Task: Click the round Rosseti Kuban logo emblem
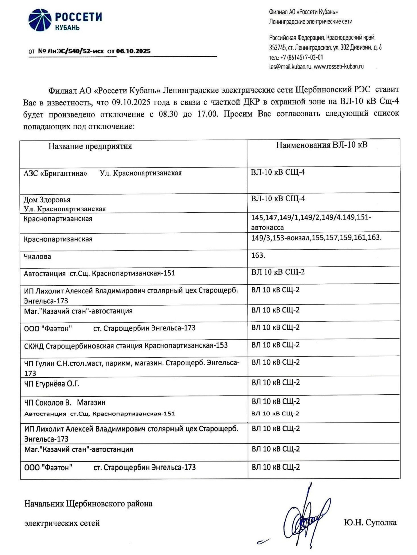pyautogui.click(x=40, y=20)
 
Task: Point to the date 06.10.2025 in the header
pyautogui.click(x=133, y=51)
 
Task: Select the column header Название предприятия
pyautogui.click(x=90, y=146)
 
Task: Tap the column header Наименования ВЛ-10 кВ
pyautogui.click(x=322, y=145)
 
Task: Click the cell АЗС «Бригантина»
pyautogui.click(x=55, y=173)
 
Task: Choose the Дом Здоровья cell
pyautogui.click(x=47, y=200)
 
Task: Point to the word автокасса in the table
pyautogui.click(x=267, y=228)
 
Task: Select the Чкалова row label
pyautogui.click(x=37, y=256)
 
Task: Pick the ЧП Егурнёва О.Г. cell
pyautogui.click(x=52, y=384)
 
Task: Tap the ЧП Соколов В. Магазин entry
pyautogui.click(x=65, y=402)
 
